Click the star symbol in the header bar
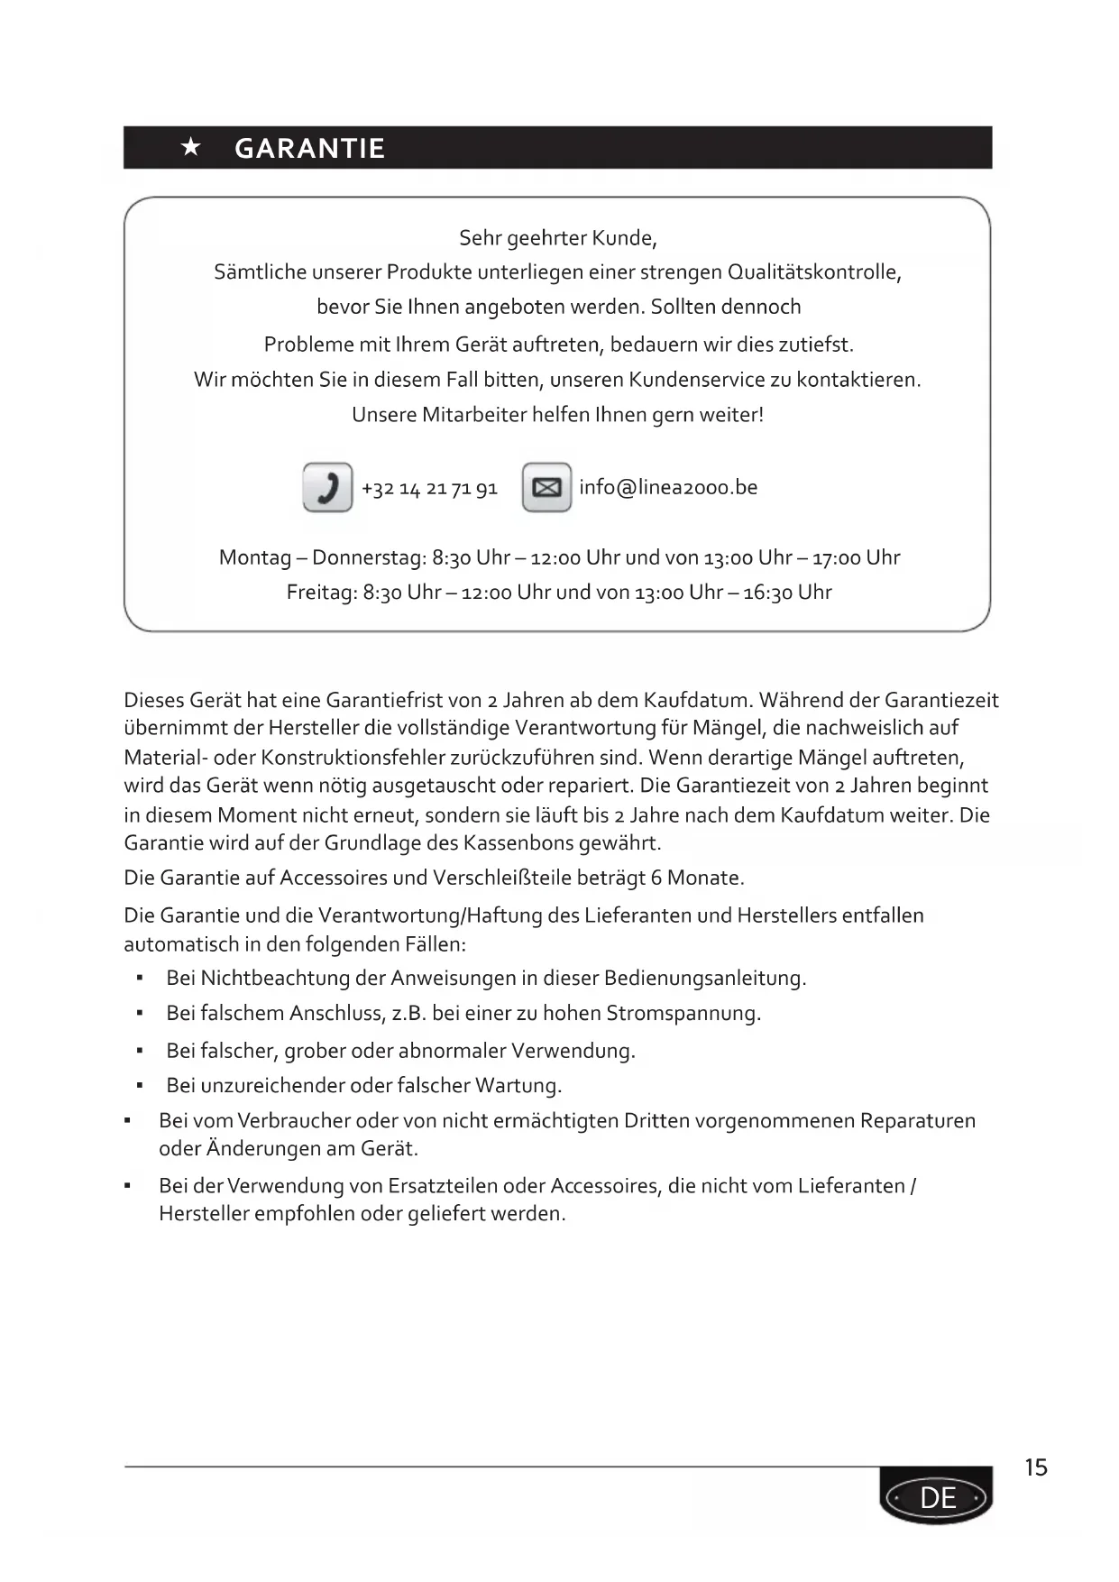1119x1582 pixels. pos(191,147)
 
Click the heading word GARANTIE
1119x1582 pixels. pos(309,148)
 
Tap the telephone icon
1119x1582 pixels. pos(327,487)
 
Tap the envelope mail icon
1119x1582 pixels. pos(546,487)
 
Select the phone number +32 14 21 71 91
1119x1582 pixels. pos(429,489)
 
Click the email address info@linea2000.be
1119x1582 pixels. pos(668,487)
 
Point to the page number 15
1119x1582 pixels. pos(1036,1467)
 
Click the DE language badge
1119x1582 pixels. pos(937,1498)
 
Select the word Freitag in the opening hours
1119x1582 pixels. pos(320,593)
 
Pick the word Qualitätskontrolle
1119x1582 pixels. pos(813,272)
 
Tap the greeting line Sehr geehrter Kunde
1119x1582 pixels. pos(558,238)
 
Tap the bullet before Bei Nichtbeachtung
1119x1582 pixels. pos(140,979)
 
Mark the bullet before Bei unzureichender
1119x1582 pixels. pos(140,1086)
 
